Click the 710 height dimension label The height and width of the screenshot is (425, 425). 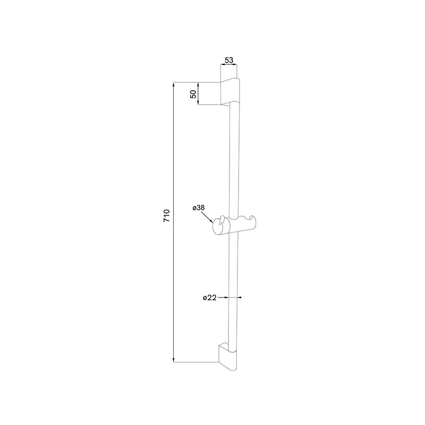[166, 216]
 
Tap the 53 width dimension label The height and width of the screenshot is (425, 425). [229, 60]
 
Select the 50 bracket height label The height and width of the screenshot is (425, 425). [193, 94]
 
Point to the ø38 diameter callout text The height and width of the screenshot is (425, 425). [199, 208]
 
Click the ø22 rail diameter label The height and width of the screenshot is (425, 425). [209, 297]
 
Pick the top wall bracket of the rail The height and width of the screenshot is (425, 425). [231, 92]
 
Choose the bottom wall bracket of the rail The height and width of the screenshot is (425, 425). [228, 356]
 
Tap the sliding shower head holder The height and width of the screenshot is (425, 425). [234, 225]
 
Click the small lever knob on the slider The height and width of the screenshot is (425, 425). [223, 220]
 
